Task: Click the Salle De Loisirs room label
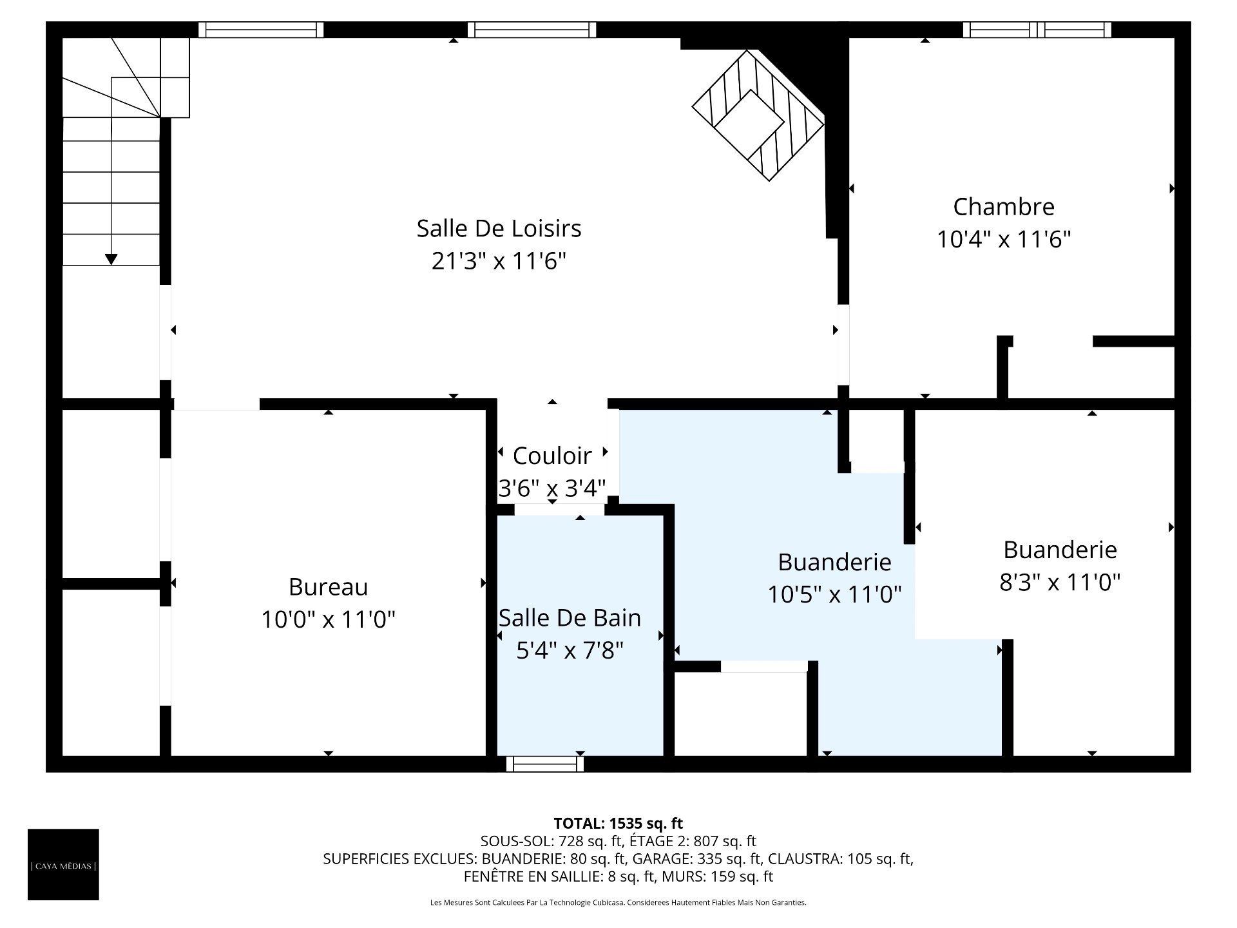[x=499, y=228]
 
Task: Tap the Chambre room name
[x=1004, y=207]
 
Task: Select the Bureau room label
[x=328, y=587]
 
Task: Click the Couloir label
[x=552, y=456]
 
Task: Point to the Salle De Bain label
[x=570, y=618]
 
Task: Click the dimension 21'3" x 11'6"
[x=499, y=261]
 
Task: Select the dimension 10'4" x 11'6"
[x=1004, y=240]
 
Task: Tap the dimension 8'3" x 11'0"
[x=1060, y=583]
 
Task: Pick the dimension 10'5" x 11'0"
[x=834, y=594]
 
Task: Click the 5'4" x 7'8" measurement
[x=570, y=651]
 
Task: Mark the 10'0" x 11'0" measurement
[x=328, y=620]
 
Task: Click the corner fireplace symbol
[x=758, y=115]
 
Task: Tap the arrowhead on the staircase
[x=111, y=259]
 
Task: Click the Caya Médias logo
[x=63, y=864]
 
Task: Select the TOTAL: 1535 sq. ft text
[x=618, y=824]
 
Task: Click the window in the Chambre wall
[x=1037, y=30]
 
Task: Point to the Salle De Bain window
[x=545, y=764]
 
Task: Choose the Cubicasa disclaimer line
[x=618, y=903]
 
